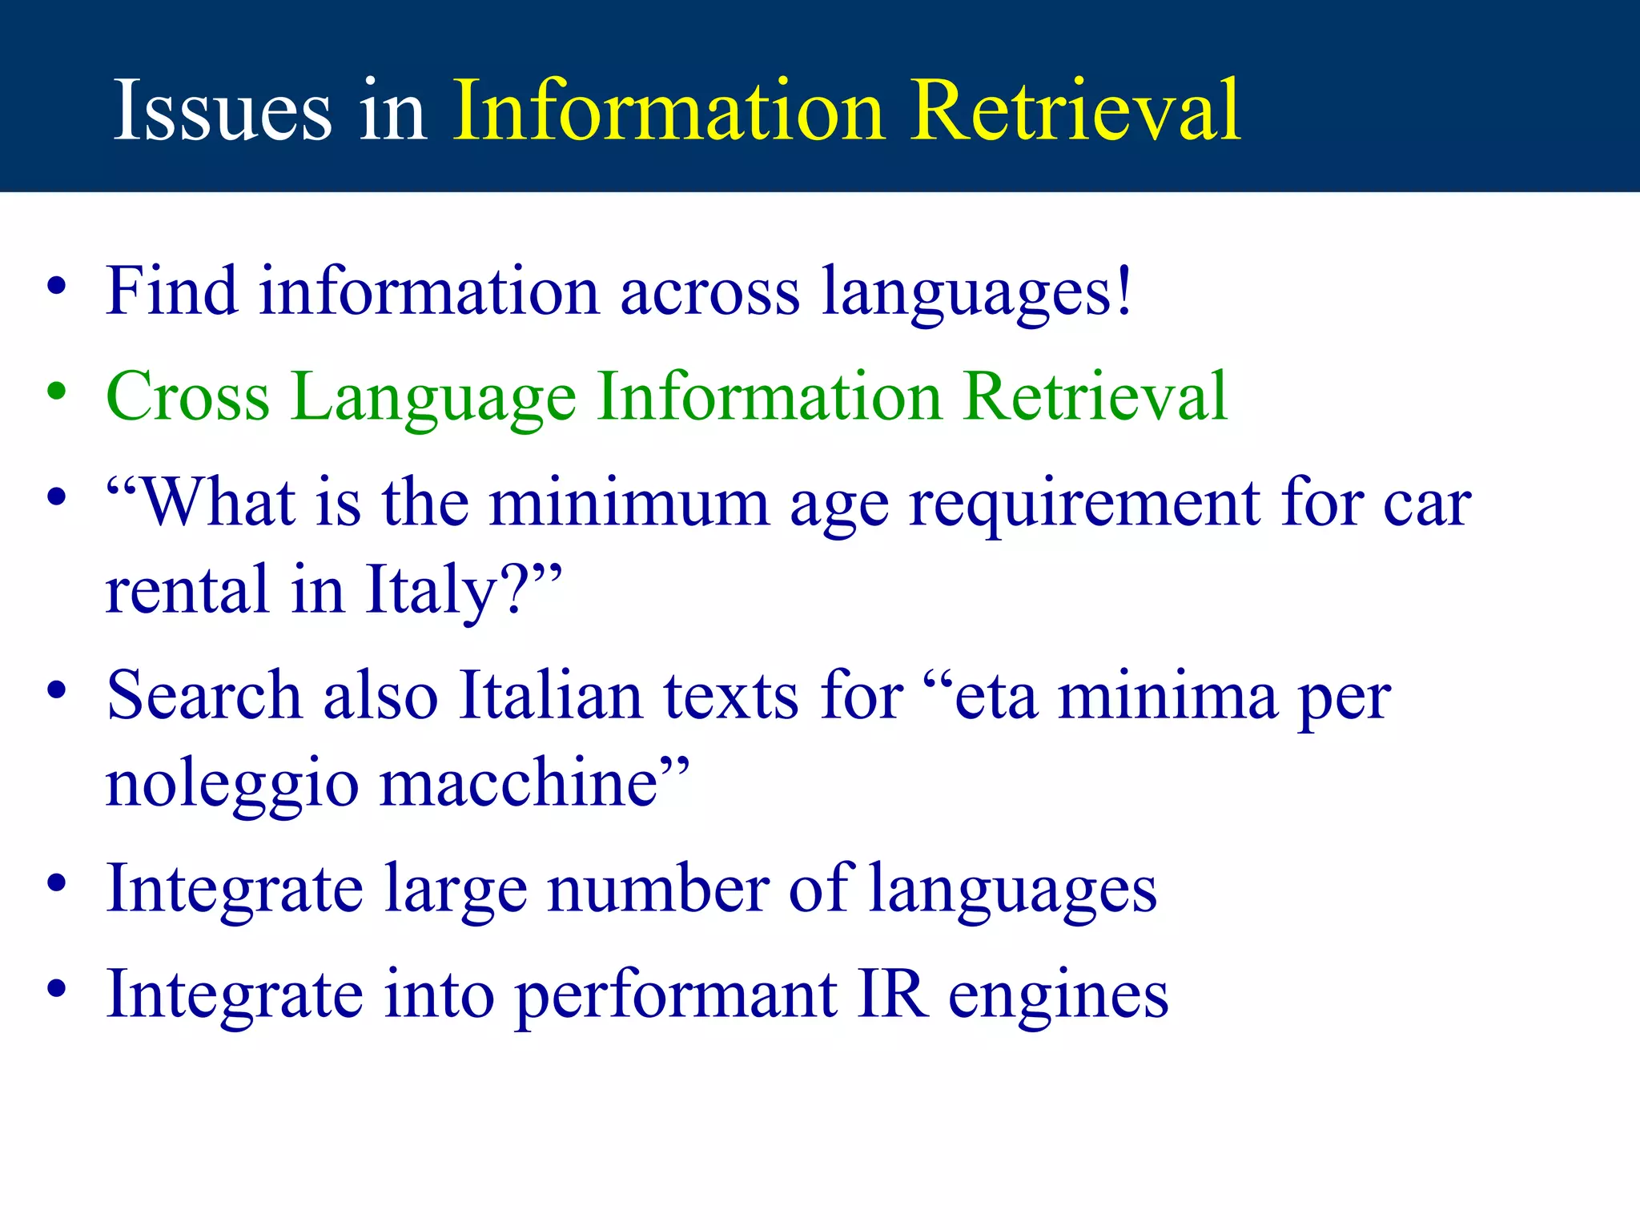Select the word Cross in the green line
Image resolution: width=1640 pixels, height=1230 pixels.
(x=187, y=396)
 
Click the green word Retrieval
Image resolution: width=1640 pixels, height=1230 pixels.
(x=1095, y=396)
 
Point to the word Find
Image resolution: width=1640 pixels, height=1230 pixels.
(x=171, y=290)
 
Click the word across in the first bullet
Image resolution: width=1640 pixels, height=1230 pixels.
(x=709, y=291)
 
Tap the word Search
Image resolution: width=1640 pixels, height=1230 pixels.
(x=203, y=695)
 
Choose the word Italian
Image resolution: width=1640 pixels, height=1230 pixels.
(x=551, y=695)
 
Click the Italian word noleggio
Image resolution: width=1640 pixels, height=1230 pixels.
(x=231, y=785)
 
